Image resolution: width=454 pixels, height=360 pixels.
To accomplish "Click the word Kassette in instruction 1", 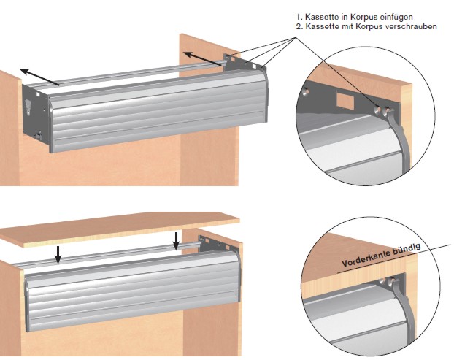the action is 322,17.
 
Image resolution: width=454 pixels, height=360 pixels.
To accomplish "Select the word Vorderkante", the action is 366,259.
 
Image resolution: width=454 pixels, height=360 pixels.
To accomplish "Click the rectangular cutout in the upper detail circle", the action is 345,101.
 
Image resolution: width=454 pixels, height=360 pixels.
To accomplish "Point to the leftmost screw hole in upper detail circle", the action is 305,92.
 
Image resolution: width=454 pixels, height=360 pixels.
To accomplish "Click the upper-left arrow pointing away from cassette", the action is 39,77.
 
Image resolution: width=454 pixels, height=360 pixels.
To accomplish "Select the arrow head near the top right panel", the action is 189,55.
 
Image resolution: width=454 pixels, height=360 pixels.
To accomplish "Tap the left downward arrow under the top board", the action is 58,255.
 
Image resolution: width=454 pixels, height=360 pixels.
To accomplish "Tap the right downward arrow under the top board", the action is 176,241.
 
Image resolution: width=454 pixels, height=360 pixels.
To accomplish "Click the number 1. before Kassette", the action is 299,17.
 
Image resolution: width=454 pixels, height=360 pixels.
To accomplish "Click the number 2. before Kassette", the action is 299,26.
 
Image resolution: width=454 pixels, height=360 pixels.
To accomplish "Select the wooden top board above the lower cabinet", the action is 120,229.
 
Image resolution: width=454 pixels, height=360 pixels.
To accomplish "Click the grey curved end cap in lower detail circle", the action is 403,313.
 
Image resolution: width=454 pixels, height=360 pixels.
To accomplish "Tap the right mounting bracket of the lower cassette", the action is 218,244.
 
